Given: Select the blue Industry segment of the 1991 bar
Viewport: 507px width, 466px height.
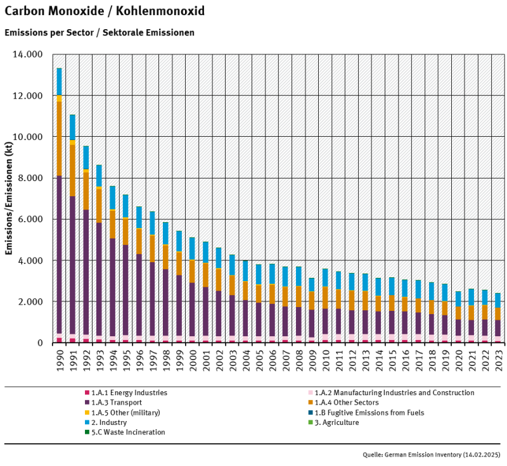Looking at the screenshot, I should [72, 127].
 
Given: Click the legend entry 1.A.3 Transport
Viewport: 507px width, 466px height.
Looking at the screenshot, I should [117, 403].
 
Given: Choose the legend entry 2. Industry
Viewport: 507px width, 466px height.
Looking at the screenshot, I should [110, 422].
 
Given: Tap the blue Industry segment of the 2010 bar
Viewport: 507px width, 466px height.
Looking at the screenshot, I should [324, 277].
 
